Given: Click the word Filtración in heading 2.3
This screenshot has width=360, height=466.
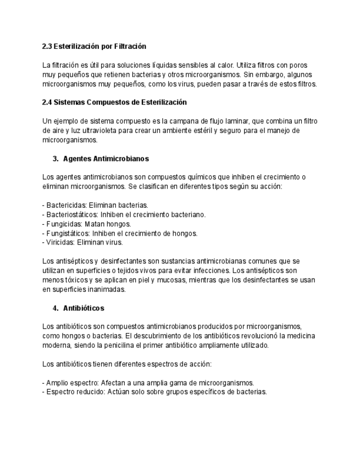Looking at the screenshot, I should pos(129,46).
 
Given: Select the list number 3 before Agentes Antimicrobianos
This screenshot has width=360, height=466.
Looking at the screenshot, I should pos(55,158).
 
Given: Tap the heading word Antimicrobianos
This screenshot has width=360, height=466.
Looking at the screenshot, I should pos(120,158).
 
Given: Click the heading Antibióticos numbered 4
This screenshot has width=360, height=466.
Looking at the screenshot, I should pos(84,308).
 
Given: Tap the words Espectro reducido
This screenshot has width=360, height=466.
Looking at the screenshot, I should pos(72,392).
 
